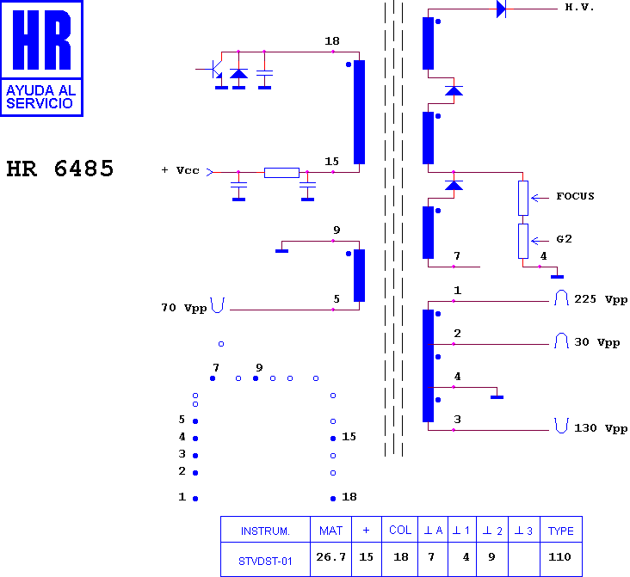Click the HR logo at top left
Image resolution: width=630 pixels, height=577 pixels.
pos(42,58)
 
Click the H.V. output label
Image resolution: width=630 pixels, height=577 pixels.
pos(579,8)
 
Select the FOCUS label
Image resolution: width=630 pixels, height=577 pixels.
pos(575,196)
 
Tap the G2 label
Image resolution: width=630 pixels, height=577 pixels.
pos(565,239)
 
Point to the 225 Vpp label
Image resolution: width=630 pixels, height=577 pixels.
pos(601,300)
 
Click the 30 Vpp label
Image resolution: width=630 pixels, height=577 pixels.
pos(597,342)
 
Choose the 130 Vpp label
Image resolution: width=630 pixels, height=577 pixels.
pos(601,428)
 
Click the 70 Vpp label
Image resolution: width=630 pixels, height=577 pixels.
pos(183,307)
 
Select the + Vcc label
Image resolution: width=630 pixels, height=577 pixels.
pos(180,170)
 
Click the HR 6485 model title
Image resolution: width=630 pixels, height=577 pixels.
pos(60,169)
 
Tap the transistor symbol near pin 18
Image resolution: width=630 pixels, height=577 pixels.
pos(217,69)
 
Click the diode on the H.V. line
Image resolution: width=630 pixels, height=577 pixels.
pos(501,9)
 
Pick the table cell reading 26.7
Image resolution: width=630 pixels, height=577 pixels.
pos(330,557)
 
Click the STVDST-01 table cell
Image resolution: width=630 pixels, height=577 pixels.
pos(266,561)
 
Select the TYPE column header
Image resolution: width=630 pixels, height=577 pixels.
pos(560,531)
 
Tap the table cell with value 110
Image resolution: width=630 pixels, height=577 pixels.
pos(559,557)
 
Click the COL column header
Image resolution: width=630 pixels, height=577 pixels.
pos(400,531)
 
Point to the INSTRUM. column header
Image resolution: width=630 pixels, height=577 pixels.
pos(265,531)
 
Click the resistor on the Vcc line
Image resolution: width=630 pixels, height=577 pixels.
pos(281,172)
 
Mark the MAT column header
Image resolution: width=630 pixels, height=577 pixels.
pos(330,531)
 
